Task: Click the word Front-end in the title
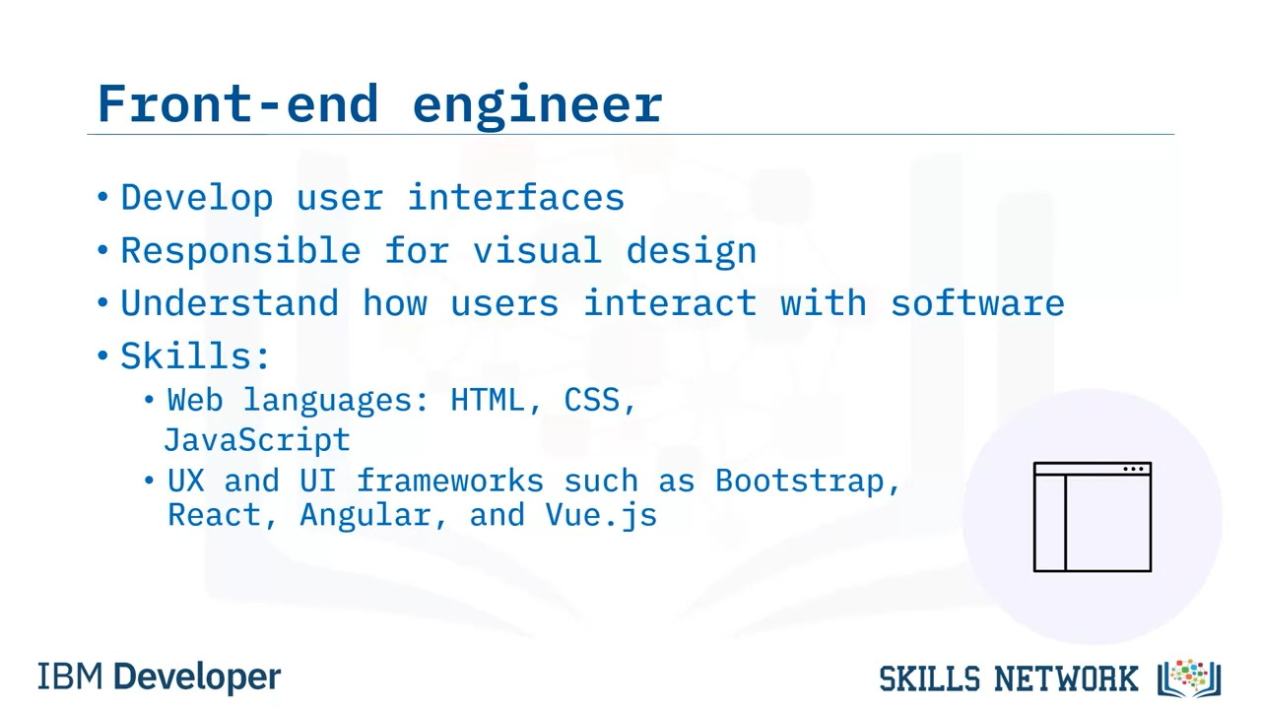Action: [x=238, y=103]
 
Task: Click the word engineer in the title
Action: [x=538, y=106]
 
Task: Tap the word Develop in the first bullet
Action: [x=197, y=199]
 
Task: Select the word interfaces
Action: [x=515, y=197]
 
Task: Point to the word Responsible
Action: [x=241, y=251]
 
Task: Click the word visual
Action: [x=537, y=250]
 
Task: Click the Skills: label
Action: [x=195, y=355]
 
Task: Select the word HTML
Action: [x=488, y=400]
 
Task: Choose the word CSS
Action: [x=592, y=400]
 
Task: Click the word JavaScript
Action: [x=257, y=440]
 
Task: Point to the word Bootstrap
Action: [x=799, y=482]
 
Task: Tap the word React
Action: [x=215, y=515]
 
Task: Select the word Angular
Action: [x=365, y=515]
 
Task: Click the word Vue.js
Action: [x=601, y=516]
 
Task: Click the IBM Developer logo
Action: [x=160, y=677]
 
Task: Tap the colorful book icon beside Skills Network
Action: [x=1189, y=678]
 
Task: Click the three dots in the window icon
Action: [x=1133, y=470]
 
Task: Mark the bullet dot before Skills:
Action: [x=102, y=355]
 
